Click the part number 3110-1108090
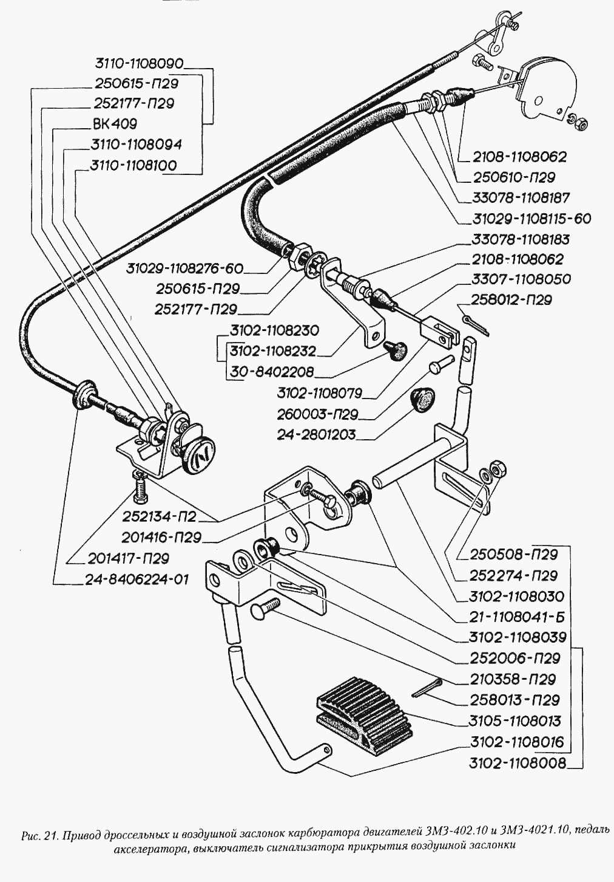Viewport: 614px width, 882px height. point(139,63)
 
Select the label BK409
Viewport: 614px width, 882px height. point(115,123)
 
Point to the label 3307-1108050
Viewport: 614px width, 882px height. point(521,279)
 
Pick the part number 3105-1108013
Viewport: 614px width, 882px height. point(515,721)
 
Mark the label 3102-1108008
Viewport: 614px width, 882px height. point(518,763)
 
